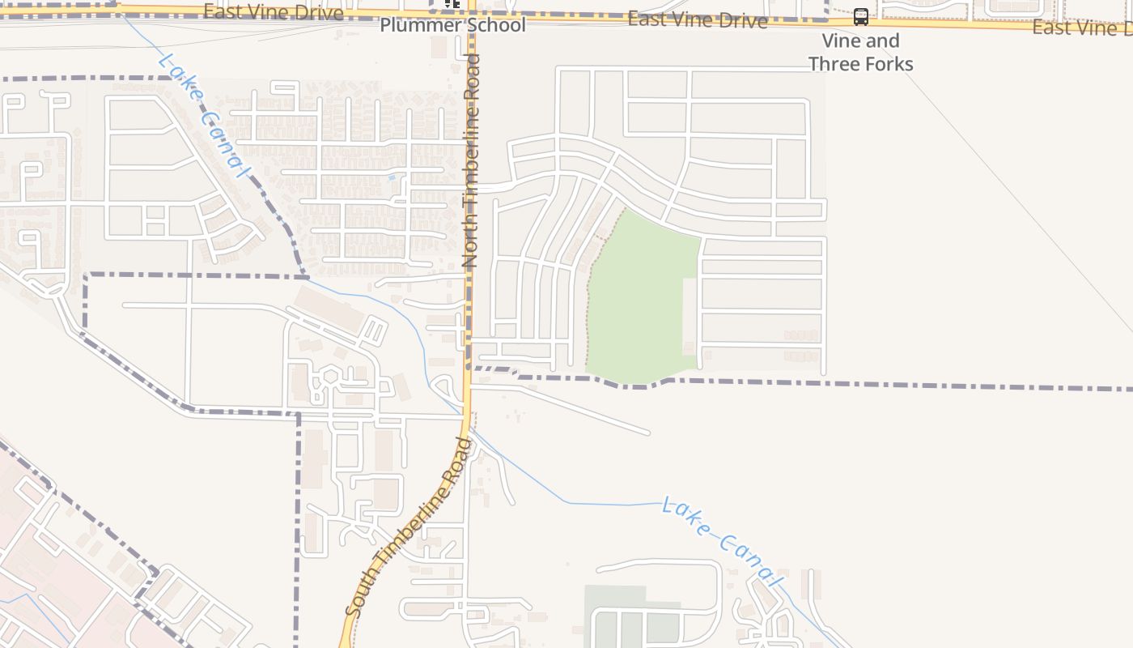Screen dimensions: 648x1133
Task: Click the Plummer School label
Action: [452, 25]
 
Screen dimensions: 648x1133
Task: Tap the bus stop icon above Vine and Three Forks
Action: [861, 17]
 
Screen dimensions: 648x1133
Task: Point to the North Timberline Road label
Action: [471, 160]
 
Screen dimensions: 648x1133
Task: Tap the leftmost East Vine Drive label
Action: [273, 11]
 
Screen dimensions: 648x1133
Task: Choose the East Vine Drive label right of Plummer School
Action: [697, 20]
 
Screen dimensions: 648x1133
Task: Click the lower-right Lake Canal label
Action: [723, 542]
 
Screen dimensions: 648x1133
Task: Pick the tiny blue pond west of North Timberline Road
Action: [392, 177]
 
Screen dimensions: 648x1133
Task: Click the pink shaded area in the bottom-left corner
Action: [49, 567]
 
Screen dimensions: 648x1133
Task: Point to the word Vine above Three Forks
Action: [838, 40]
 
